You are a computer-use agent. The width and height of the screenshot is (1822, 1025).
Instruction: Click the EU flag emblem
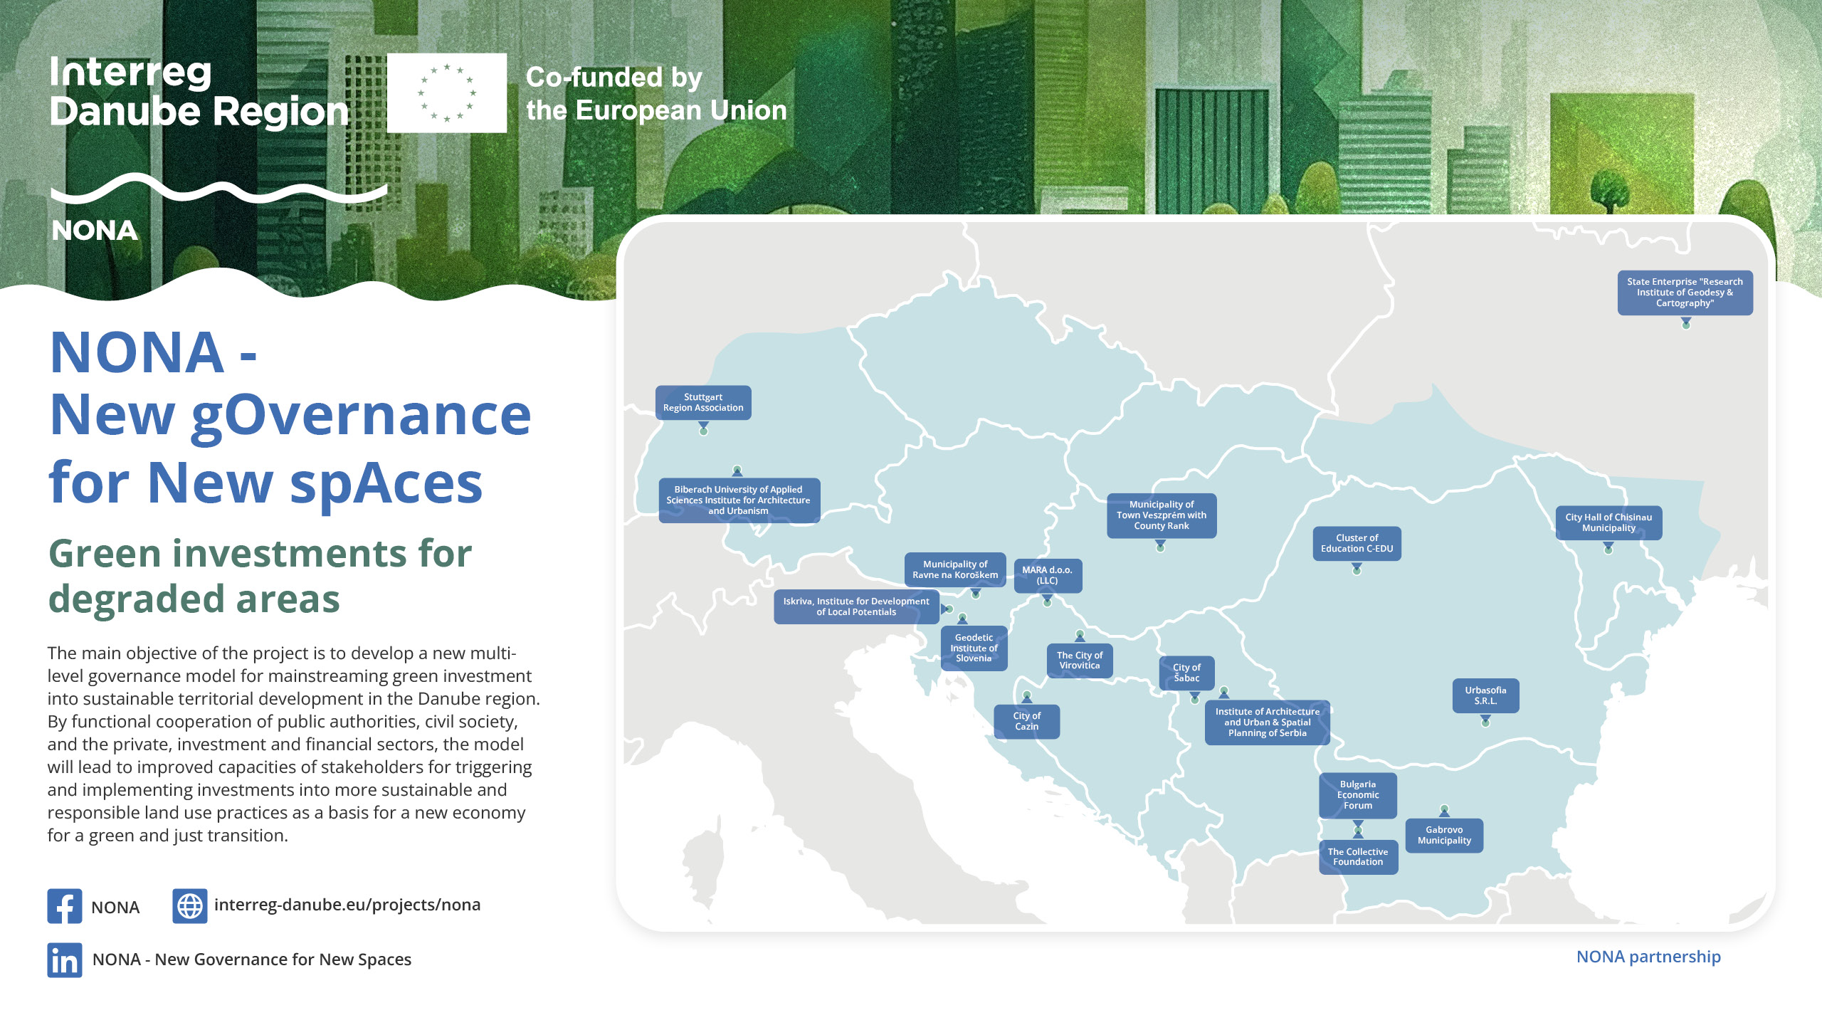tap(447, 93)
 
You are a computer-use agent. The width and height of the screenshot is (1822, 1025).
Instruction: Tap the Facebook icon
tap(65, 906)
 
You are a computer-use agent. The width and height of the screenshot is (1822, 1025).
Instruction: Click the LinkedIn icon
tap(65, 960)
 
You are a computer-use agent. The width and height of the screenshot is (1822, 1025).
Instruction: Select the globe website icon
tap(190, 906)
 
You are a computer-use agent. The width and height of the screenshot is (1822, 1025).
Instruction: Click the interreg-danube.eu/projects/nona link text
tap(347, 905)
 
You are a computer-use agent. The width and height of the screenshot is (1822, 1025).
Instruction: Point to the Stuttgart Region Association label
tap(703, 403)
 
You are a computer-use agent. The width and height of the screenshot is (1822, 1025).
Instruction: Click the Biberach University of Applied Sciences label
tap(739, 500)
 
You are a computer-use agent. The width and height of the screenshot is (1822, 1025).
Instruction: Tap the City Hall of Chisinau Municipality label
tap(1608, 523)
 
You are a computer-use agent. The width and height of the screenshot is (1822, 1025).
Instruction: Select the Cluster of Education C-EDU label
tap(1357, 544)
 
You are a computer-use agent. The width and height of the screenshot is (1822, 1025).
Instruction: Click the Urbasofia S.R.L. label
tap(1485, 696)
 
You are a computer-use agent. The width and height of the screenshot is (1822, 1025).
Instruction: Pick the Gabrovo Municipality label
tap(1444, 836)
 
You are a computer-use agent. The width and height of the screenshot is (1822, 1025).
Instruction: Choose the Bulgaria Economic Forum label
tap(1358, 795)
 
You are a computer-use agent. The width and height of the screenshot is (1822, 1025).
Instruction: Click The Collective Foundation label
tap(1358, 857)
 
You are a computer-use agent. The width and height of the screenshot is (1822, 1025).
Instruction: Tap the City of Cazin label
tap(1026, 722)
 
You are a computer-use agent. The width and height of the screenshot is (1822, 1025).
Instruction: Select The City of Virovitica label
tap(1080, 661)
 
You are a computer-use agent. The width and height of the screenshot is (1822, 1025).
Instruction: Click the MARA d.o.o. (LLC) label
tap(1047, 576)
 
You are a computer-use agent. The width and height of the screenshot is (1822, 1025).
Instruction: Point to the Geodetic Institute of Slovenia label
tap(974, 648)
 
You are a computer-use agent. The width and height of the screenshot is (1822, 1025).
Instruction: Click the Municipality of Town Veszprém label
tap(1162, 515)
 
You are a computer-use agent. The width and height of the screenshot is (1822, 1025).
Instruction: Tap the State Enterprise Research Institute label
tap(1685, 293)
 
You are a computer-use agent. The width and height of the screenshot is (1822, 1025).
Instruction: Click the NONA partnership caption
tap(1648, 957)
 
